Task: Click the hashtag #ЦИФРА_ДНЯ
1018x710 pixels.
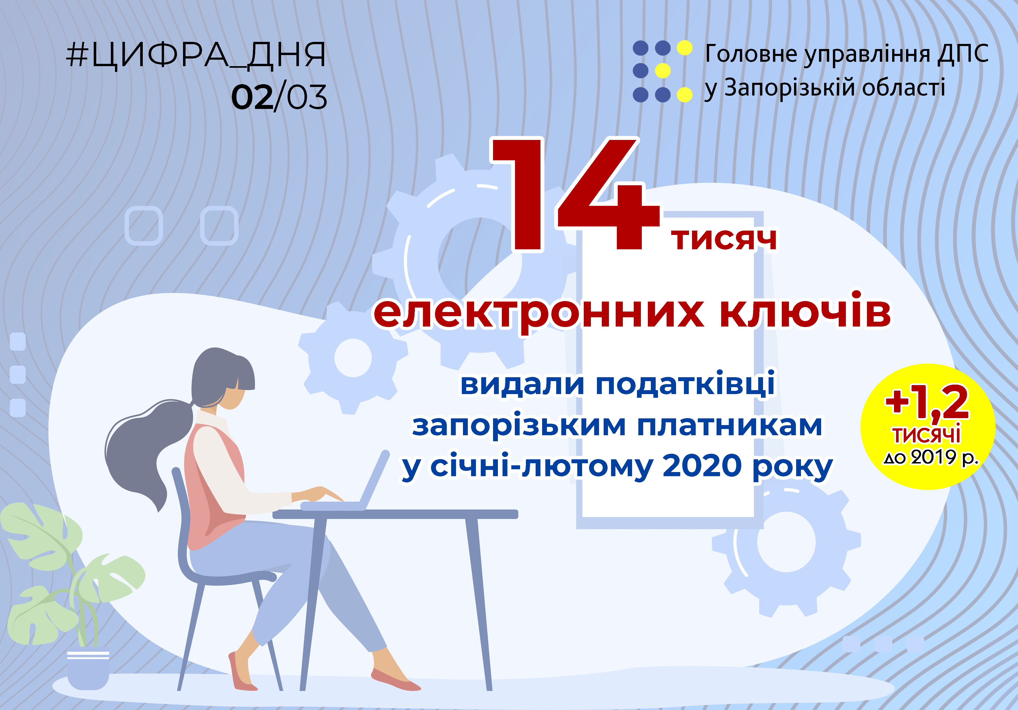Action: pyautogui.click(x=196, y=56)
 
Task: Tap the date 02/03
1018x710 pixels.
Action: pyautogui.click(x=279, y=97)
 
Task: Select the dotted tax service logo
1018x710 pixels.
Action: pyautogui.click(x=662, y=71)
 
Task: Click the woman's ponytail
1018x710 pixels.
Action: pyautogui.click(x=142, y=448)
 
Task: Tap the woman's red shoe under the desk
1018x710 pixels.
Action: pyautogui.click(x=242, y=671)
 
